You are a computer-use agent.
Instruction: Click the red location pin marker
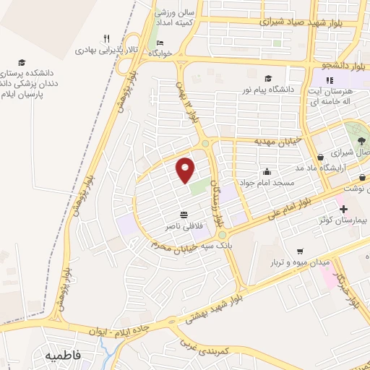pyautogui.click(x=186, y=170)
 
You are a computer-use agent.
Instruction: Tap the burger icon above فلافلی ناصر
pyautogui.click(x=184, y=214)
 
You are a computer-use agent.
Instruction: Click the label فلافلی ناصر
pyautogui.click(x=184, y=225)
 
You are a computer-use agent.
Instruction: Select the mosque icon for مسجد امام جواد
pyautogui.click(x=267, y=172)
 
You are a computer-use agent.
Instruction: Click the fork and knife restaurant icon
pyautogui.click(x=106, y=39)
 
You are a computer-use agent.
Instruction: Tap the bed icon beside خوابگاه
pyautogui.click(x=160, y=43)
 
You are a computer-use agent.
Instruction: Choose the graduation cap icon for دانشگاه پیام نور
pyautogui.click(x=269, y=79)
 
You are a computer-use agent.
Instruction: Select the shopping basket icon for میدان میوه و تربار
pyautogui.click(x=299, y=251)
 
